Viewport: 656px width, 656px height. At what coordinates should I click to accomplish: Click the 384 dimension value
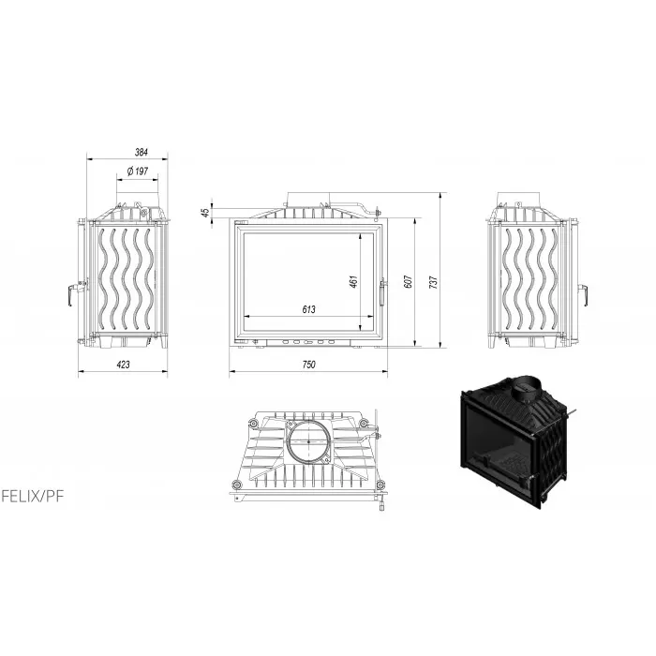click(x=142, y=152)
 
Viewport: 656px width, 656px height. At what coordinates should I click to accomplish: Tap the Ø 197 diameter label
click(x=137, y=171)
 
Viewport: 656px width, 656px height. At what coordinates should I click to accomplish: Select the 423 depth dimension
click(x=123, y=365)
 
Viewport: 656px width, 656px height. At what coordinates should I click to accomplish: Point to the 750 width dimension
click(x=308, y=365)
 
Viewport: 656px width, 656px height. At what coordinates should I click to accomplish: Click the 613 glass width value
click(x=308, y=309)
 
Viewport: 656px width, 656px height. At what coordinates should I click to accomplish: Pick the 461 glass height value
click(x=353, y=281)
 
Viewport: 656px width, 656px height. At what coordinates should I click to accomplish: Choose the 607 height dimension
click(x=409, y=281)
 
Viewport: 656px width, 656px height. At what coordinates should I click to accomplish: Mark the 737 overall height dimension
click(x=433, y=282)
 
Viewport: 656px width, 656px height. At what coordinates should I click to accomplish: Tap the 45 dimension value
click(x=205, y=213)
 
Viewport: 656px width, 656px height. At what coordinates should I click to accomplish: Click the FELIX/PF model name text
click(x=33, y=497)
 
